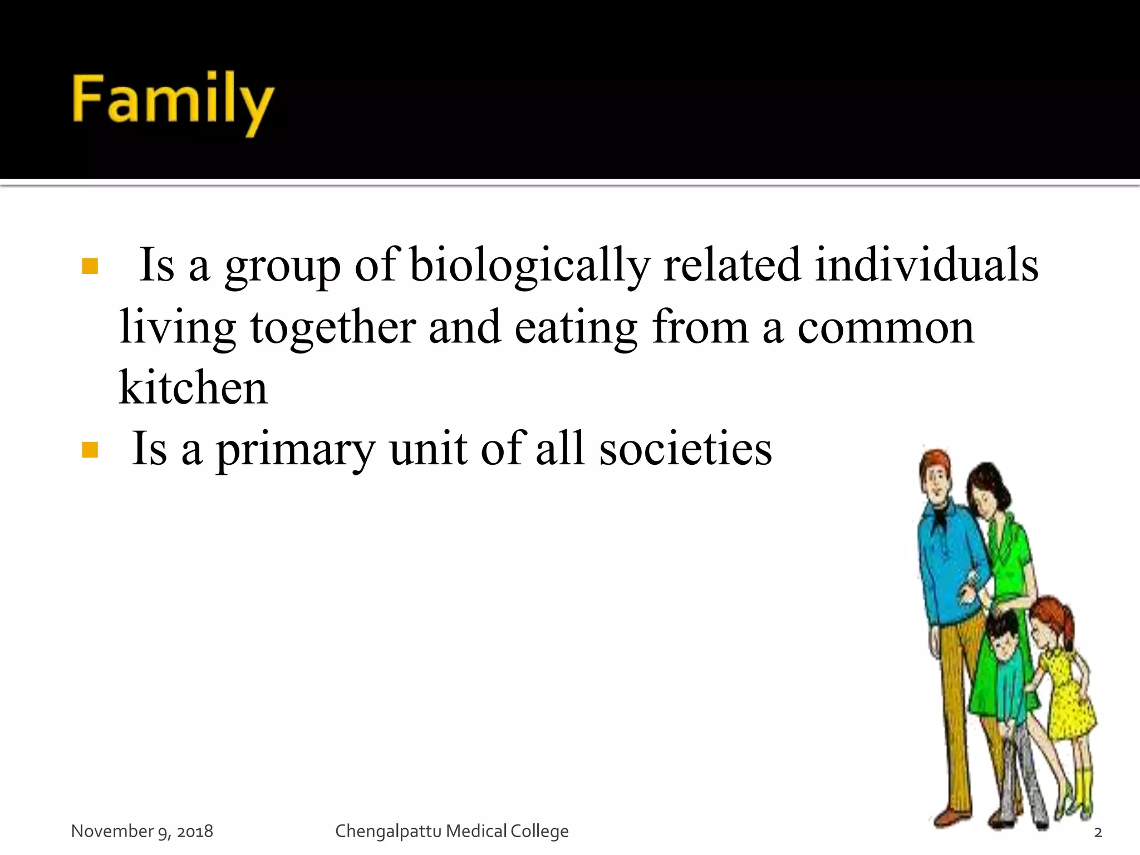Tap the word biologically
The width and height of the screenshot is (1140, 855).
tap(530, 266)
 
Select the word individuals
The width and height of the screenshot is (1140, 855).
tap(927, 266)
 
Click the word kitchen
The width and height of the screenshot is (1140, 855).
tap(193, 388)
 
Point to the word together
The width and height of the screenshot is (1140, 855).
tap(332, 328)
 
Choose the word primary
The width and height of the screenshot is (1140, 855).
tap(296, 450)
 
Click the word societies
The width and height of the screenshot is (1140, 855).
tap(685, 450)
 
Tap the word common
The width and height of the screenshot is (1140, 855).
tap(886, 328)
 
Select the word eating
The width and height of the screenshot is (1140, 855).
tap(576, 328)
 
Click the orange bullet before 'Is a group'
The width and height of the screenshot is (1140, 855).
tap(90, 267)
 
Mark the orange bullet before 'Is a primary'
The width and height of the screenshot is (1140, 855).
tap(90, 450)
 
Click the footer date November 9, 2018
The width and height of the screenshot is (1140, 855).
tap(142, 831)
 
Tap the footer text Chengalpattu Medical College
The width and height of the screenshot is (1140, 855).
tap(451, 831)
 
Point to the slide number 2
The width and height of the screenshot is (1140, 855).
tap(1098, 833)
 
